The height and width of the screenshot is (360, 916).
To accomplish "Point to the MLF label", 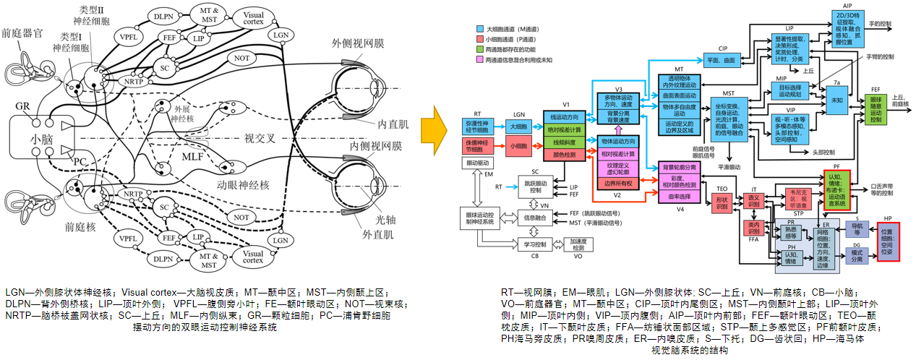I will coord(192,156).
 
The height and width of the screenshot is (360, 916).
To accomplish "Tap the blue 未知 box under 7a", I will coord(837,100).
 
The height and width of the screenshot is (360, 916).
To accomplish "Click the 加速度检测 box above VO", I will coord(578,244).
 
